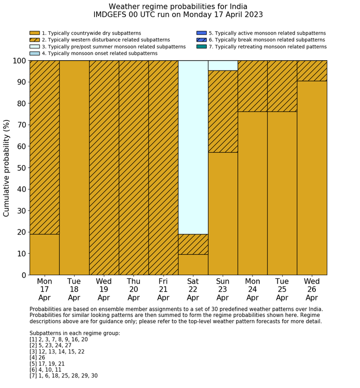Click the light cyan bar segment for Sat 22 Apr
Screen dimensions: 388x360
[193, 147]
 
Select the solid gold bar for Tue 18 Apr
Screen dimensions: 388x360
[74, 168]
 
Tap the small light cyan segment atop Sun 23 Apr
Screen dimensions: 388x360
[223, 65]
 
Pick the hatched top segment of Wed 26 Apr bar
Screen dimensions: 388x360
[312, 70]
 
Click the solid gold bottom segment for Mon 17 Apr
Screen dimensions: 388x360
[44, 254]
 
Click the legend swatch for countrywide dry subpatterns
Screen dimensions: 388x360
[34, 33]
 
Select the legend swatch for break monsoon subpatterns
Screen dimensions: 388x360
[202, 40]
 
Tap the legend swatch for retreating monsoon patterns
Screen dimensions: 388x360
[202, 46]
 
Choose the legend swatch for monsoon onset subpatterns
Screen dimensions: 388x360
[34, 53]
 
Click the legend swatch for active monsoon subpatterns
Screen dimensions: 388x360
[202, 33]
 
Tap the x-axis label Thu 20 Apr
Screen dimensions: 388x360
[134, 290]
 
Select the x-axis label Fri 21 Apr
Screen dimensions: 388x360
[163, 290]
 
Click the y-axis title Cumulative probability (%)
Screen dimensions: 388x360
[7, 168]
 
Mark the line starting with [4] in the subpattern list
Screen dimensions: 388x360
[39, 357]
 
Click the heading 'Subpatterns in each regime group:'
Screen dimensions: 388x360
[75, 333]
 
